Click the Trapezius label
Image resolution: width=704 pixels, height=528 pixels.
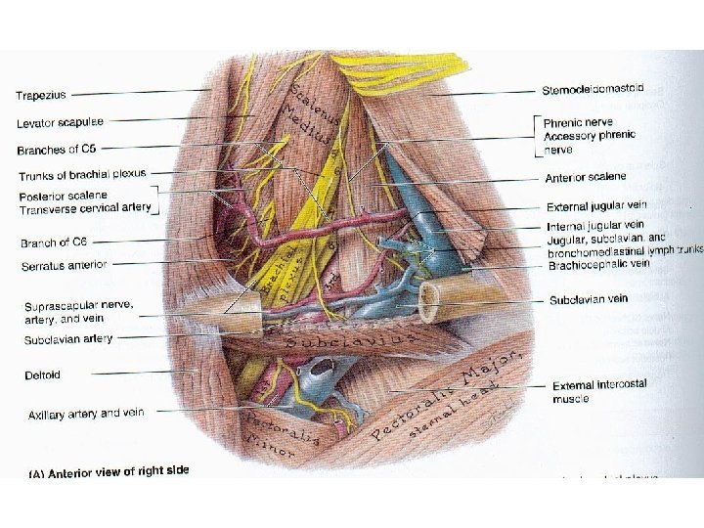(41, 95)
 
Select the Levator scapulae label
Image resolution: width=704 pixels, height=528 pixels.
(61, 123)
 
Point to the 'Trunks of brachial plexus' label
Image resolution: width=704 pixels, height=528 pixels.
(82, 175)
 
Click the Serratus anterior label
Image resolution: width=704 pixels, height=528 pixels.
(65, 265)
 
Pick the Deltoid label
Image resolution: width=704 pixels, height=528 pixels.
(44, 374)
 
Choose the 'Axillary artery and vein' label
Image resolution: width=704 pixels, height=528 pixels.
(86, 414)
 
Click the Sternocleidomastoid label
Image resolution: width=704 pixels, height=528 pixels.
(593, 90)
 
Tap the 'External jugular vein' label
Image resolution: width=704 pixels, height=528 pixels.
(596, 206)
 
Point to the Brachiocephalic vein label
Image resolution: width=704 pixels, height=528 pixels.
(598, 263)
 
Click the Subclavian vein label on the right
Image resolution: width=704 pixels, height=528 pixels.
(588, 299)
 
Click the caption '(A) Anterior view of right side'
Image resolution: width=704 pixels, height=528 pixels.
(109, 471)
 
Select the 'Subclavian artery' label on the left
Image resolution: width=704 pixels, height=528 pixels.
(68, 339)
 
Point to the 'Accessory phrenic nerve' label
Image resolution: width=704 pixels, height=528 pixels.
(589, 142)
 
